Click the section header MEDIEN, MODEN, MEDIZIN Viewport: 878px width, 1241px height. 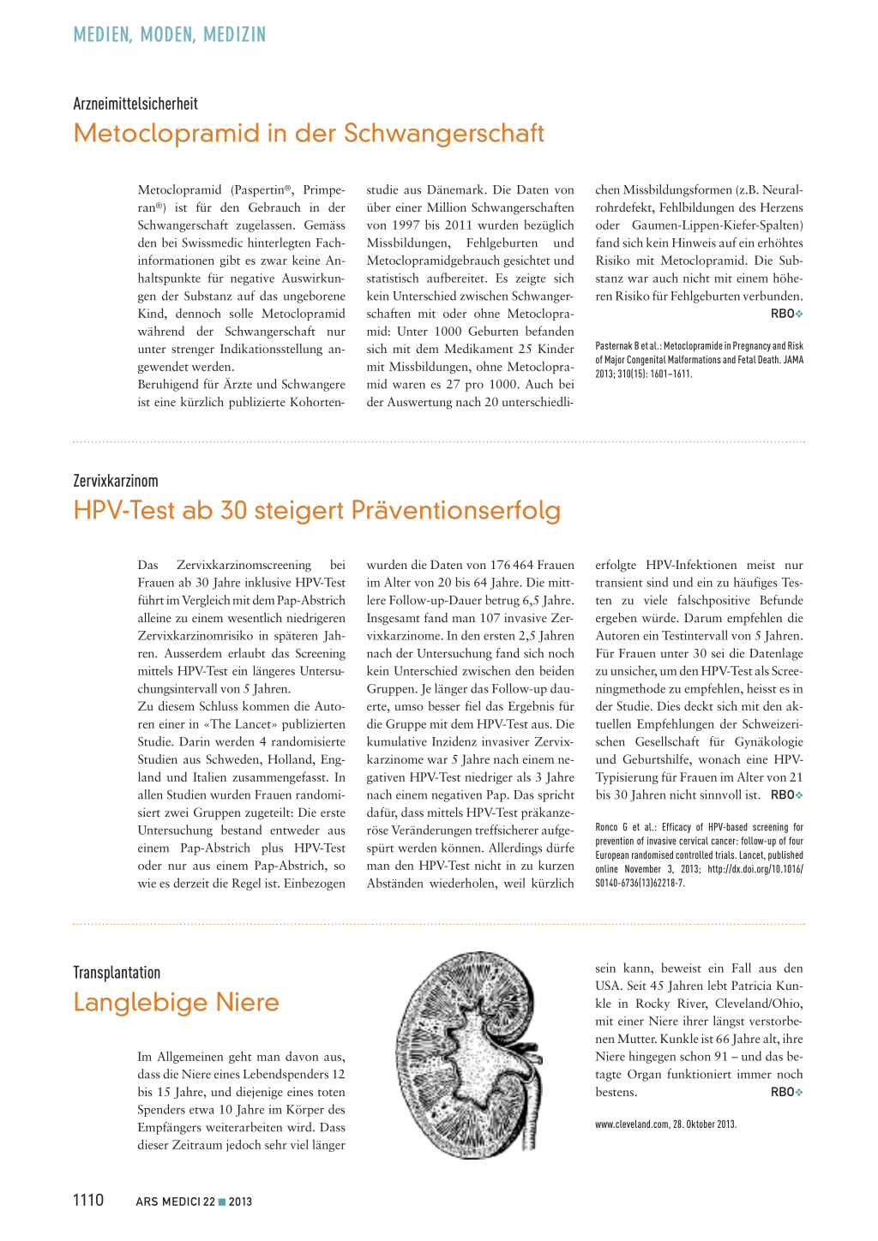point(170,35)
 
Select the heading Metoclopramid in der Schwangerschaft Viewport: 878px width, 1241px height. point(309,134)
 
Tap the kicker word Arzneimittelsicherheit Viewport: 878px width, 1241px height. point(135,104)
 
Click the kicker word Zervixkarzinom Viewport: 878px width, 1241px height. point(116,481)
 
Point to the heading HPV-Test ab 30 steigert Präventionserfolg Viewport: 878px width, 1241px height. point(316,511)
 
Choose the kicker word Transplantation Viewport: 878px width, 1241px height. point(117,973)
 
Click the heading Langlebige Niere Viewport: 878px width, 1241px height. point(176,1003)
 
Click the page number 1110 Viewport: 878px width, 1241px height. point(88,1200)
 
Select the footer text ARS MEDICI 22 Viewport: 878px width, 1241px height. point(175,1202)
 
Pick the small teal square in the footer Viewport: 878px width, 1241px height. point(222,1202)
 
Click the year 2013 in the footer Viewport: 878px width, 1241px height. point(240,1202)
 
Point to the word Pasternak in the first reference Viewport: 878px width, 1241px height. point(614,346)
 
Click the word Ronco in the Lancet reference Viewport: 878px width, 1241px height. point(606,827)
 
